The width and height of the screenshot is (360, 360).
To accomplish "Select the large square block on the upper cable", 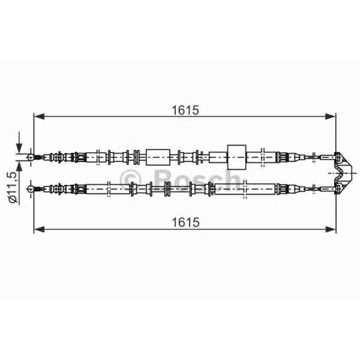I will point(237,156).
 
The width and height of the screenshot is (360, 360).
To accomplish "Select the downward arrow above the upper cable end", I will point(20,145).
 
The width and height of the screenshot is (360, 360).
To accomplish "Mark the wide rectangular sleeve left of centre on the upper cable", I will point(157,156).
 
